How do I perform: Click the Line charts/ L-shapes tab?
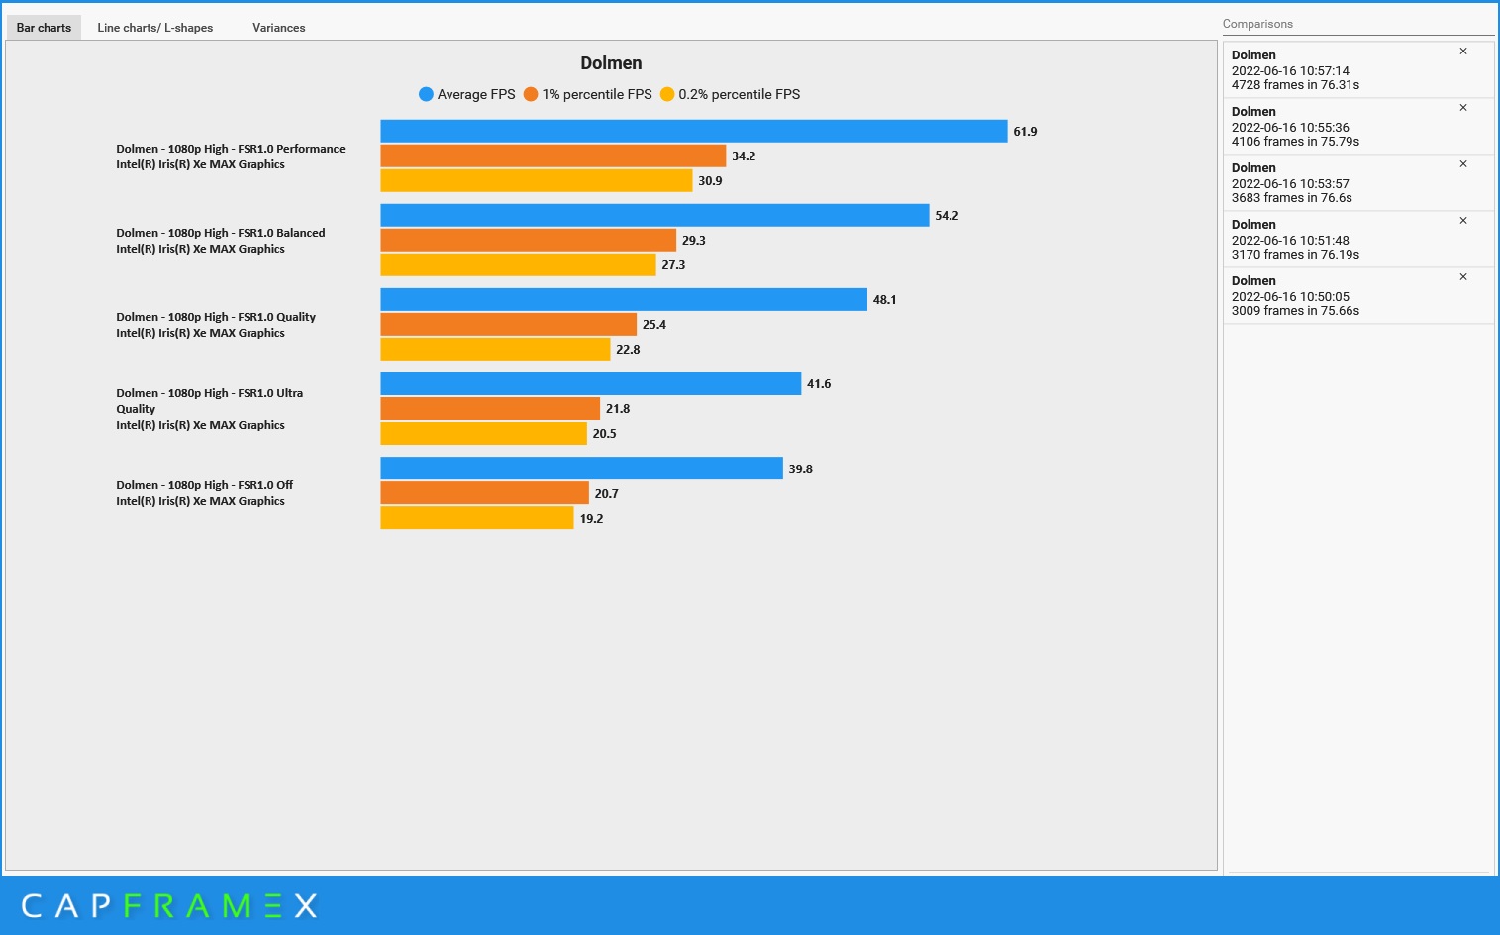click(154, 28)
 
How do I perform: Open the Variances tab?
click(278, 28)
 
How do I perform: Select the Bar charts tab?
click(44, 28)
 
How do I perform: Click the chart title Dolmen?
click(611, 63)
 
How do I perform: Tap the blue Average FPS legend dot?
click(426, 94)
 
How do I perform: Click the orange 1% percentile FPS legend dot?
click(531, 94)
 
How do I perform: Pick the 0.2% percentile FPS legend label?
click(739, 94)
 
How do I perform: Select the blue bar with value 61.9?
click(693, 131)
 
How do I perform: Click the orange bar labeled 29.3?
click(528, 240)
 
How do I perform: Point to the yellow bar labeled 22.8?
click(495, 349)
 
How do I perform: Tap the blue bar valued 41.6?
click(590, 383)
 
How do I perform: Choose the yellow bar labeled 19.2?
click(476, 518)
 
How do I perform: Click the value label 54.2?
click(947, 216)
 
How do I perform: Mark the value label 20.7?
click(606, 494)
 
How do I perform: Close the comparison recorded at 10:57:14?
click(1463, 52)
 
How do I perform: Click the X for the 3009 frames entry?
click(1463, 277)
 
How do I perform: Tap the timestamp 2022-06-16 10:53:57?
click(1290, 184)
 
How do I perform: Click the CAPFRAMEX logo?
click(169, 905)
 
